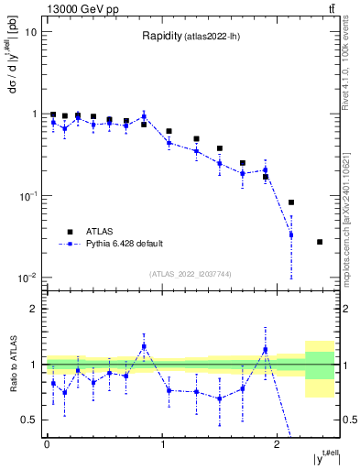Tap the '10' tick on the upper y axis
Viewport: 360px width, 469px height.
pos(30,32)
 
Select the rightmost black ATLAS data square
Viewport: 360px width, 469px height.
pos(320,242)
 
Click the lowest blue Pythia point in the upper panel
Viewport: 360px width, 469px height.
pos(291,235)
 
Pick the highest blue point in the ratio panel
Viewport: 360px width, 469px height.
pos(145,346)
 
